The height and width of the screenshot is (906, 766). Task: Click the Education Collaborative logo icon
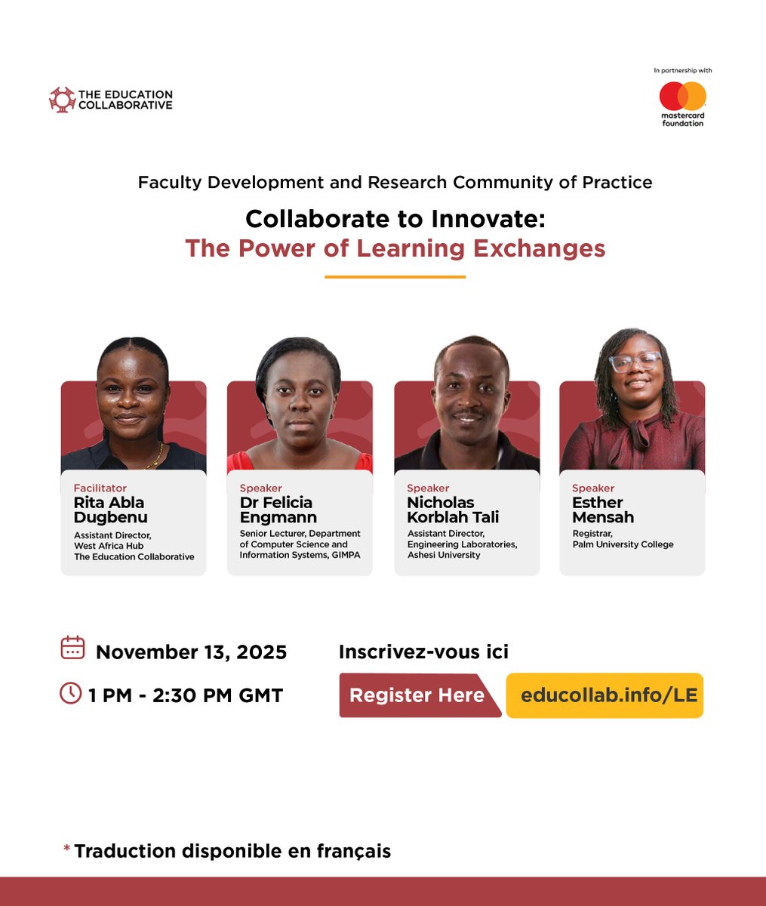pyautogui.click(x=62, y=100)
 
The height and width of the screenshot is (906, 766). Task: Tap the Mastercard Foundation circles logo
pyautogui.click(x=682, y=96)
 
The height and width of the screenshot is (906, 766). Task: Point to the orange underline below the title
pyautogui.click(x=395, y=277)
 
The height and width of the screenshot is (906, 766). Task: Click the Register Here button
pyautogui.click(x=417, y=695)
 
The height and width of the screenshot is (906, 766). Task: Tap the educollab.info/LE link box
pyautogui.click(x=604, y=695)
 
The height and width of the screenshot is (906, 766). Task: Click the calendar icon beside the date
pyautogui.click(x=72, y=649)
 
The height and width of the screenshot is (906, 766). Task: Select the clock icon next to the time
pyautogui.click(x=70, y=693)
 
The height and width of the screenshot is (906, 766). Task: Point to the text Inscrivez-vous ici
pyautogui.click(x=423, y=652)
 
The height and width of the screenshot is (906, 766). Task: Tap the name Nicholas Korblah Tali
pyautogui.click(x=453, y=510)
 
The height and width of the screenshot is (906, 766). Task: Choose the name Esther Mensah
pyautogui.click(x=603, y=510)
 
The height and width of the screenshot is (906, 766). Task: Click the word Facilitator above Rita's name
pyautogui.click(x=100, y=488)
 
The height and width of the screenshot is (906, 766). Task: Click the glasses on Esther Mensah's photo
pyautogui.click(x=635, y=362)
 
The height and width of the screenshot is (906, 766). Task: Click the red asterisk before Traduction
pyautogui.click(x=67, y=849)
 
